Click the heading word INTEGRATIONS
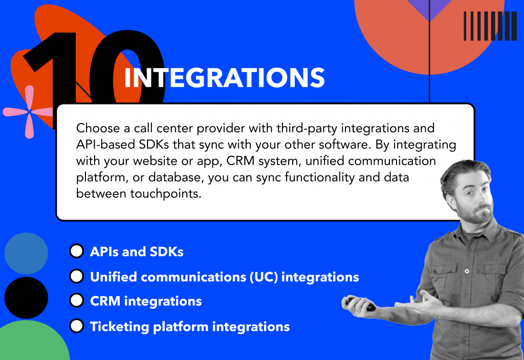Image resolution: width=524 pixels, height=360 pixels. click(x=224, y=78)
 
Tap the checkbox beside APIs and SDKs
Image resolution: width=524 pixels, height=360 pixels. click(x=76, y=251)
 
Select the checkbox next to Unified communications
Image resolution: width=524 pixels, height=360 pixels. click(x=76, y=276)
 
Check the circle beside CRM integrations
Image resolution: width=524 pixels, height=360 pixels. click(x=76, y=301)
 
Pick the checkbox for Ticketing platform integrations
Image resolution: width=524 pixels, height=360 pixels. click(x=76, y=326)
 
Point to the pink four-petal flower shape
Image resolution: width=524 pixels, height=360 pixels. click(x=28, y=112)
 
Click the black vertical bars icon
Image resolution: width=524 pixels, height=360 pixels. click(x=490, y=26)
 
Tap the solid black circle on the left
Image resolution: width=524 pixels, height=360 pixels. click(x=26, y=298)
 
